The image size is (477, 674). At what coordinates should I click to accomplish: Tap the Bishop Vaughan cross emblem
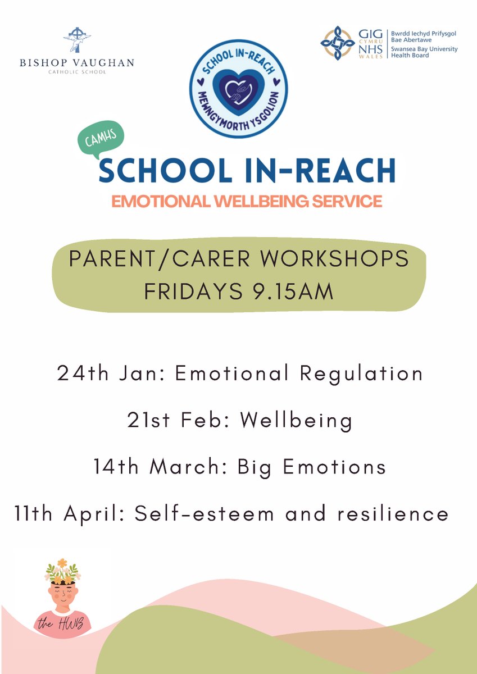point(77,40)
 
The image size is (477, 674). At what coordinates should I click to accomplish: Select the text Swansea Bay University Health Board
point(424,52)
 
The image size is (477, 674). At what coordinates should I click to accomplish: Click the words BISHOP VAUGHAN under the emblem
point(77,62)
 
